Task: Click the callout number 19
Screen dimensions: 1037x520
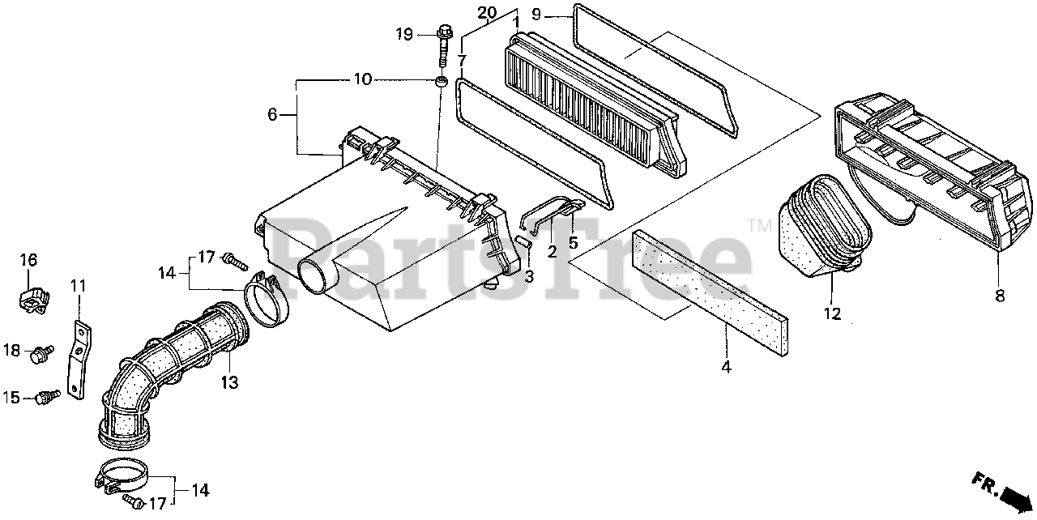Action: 405,34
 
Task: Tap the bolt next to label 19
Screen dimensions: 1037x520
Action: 445,45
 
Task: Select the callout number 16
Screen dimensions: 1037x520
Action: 28,260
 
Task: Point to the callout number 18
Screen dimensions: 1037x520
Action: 11,350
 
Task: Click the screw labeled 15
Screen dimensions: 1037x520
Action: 49,397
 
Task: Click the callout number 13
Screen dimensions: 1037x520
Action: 230,381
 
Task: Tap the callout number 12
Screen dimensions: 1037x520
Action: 833,313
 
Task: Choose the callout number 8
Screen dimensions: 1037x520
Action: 1000,296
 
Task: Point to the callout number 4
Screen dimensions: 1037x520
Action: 727,367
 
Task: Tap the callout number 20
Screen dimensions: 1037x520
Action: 486,12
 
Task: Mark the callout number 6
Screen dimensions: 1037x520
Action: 272,116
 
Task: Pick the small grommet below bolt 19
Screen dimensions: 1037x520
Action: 441,82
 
